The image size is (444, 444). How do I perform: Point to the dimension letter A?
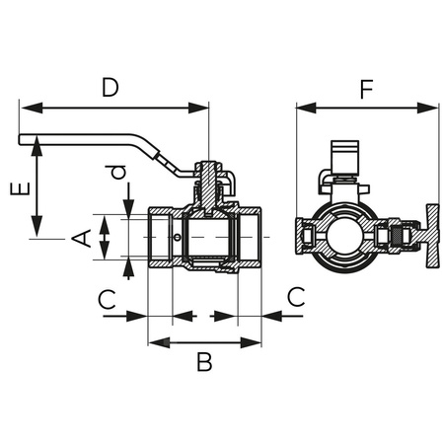pos(85,237)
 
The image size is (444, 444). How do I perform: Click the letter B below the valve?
pos(204,362)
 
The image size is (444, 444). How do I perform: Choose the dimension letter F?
pos(366,90)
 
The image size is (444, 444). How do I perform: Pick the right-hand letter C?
pos(294,298)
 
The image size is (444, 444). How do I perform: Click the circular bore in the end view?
pos(341,237)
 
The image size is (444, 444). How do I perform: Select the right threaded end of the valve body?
pos(251,238)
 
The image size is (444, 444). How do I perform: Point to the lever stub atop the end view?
pos(341,159)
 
